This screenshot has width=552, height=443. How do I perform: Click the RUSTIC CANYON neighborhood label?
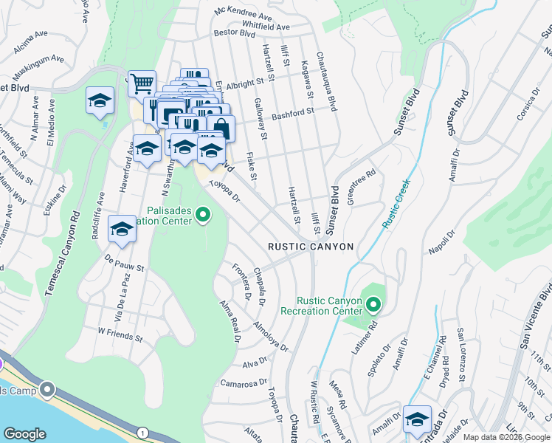(x=310, y=247)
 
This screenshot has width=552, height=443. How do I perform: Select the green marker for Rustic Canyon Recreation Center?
(x=373, y=304)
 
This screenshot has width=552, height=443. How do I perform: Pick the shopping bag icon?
(x=221, y=128)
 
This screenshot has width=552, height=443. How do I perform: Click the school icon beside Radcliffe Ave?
(x=122, y=229)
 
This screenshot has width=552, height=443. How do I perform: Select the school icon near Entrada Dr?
(x=418, y=418)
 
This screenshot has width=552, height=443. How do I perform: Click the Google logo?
(x=24, y=434)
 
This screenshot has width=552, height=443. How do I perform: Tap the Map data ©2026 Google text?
(x=506, y=437)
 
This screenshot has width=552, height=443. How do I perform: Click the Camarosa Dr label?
(x=242, y=383)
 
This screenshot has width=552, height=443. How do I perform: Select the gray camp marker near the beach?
(x=48, y=388)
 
